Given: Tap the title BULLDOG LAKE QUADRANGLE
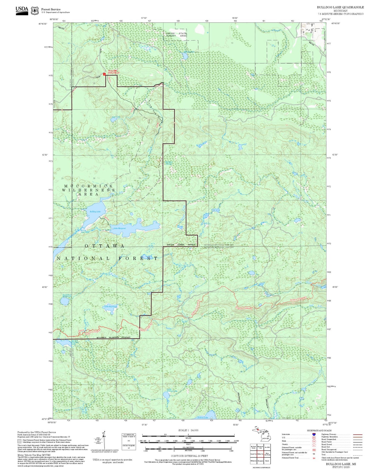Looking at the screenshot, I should tap(340, 7).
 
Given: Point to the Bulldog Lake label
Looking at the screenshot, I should tap(95, 211).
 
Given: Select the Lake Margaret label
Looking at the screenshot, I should tap(120, 228).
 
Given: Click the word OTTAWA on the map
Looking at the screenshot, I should tap(104, 246).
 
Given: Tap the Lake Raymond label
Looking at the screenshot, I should tap(111, 306).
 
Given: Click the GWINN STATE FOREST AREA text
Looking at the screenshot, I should tap(176, 35).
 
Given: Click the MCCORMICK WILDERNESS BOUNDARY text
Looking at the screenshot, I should tap(113, 337).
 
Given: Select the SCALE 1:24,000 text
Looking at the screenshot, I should tap(188, 430).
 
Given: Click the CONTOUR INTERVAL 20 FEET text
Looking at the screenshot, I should tap(189, 456).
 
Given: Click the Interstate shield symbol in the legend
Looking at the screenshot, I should tap(314, 434).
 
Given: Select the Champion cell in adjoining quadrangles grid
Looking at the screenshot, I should tap(260, 461).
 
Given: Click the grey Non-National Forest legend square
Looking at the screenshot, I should tap(19, 441).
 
